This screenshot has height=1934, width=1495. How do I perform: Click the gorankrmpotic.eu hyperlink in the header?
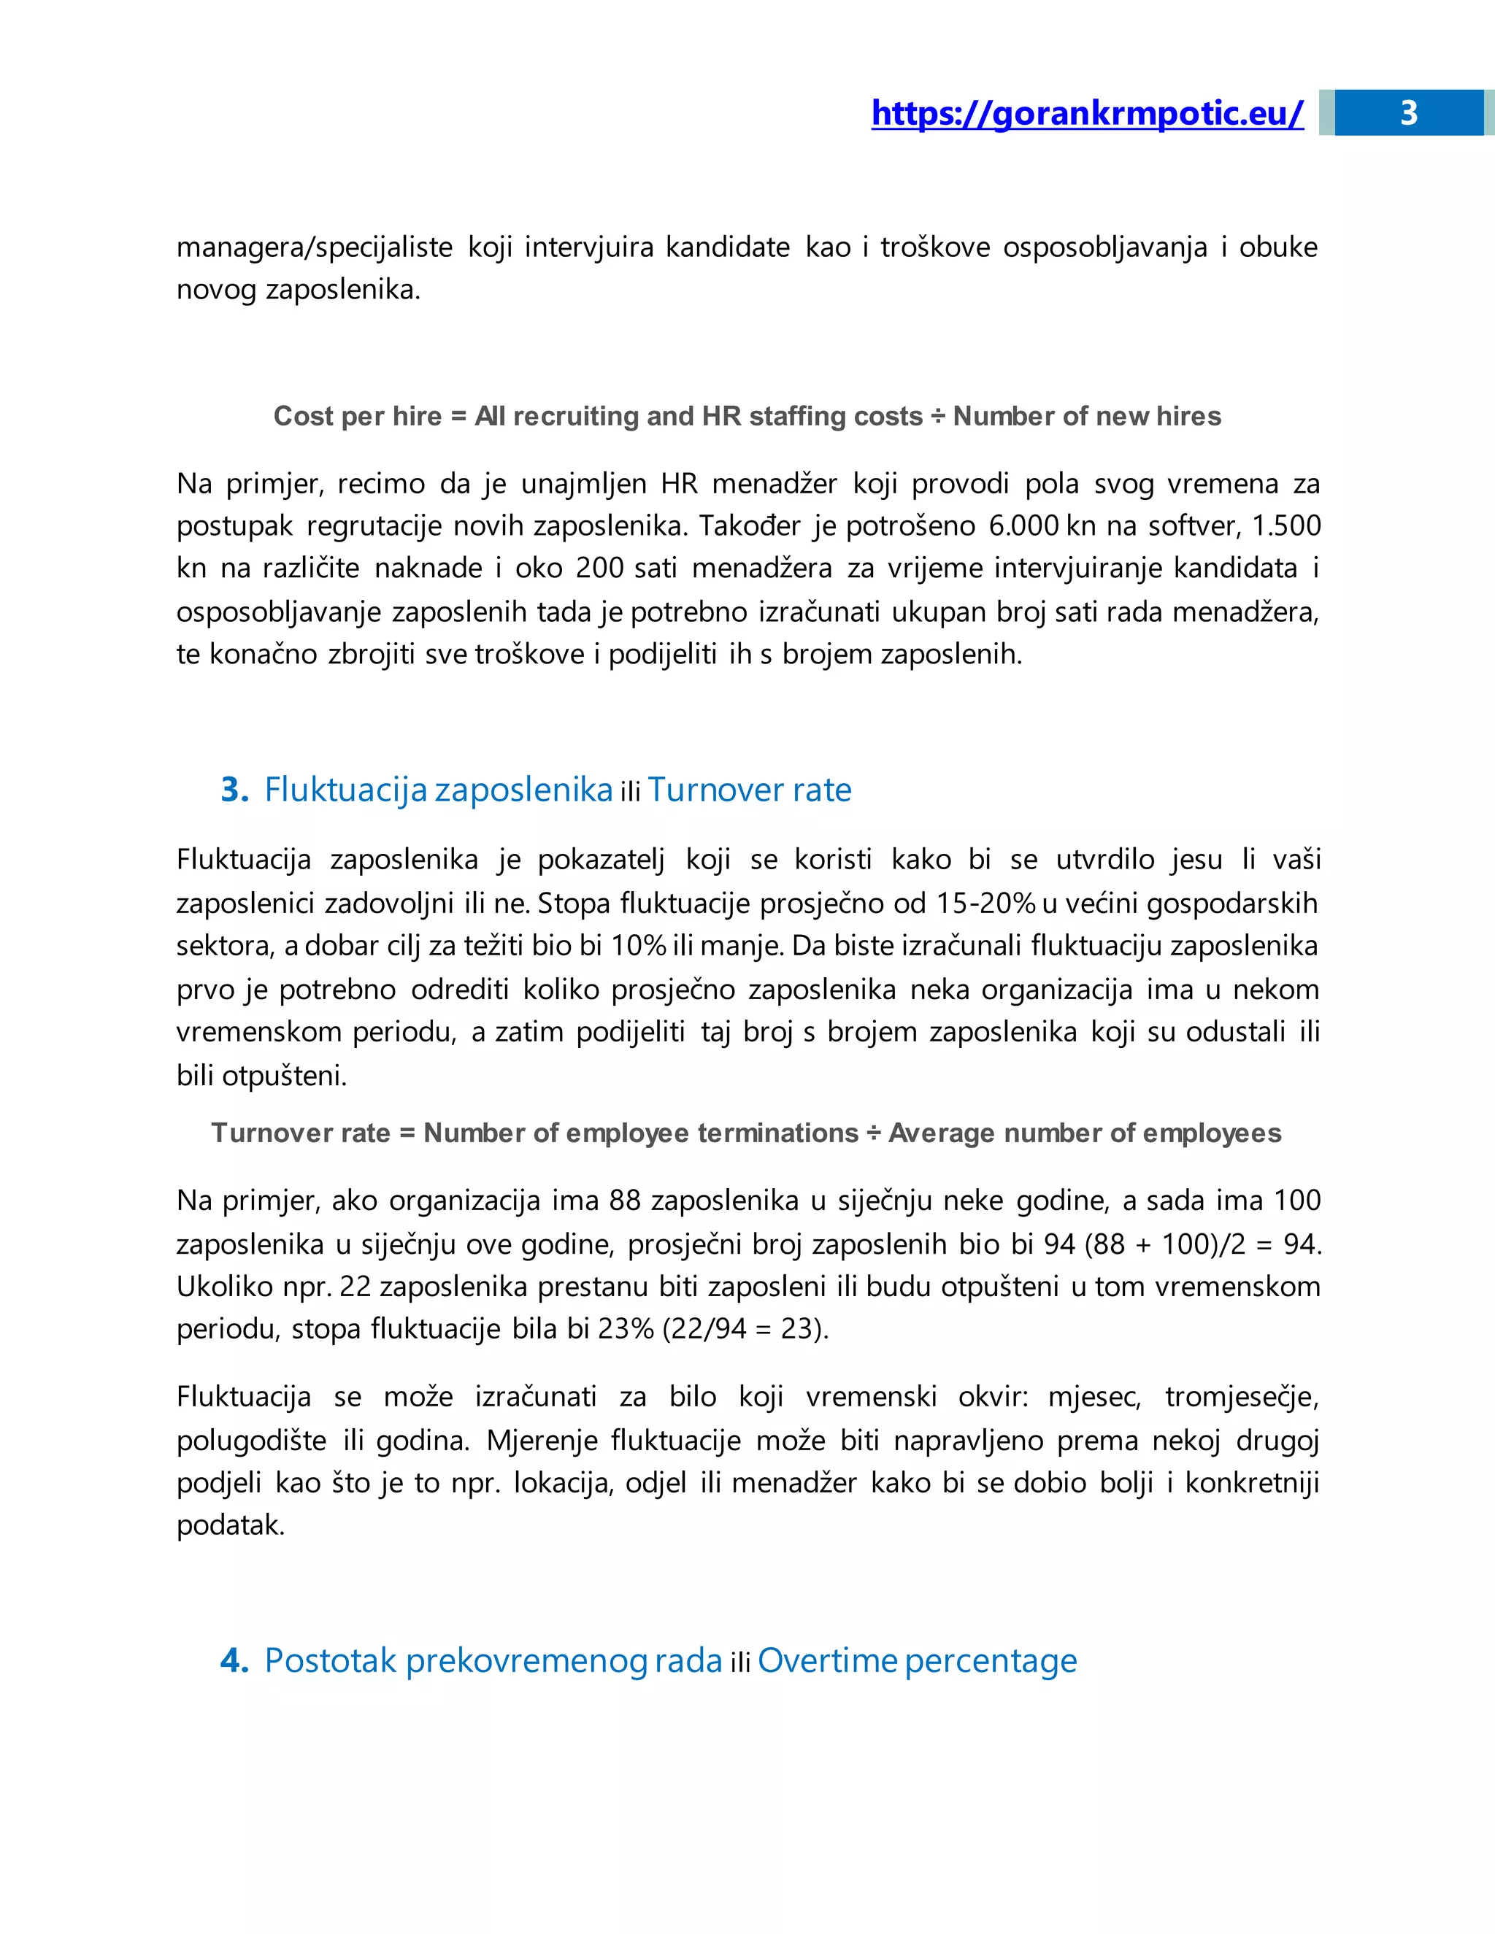pos(1087,113)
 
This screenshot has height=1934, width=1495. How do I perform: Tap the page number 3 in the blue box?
pos(1408,113)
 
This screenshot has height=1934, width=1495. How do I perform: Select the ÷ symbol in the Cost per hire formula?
pos(937,416)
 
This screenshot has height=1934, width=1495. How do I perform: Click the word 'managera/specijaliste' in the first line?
pos(315,247)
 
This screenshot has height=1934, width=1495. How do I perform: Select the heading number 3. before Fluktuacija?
pos(235,789)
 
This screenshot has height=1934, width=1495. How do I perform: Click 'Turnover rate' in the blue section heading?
pos(749,789)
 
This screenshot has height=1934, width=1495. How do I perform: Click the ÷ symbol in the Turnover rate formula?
pos(873,1133)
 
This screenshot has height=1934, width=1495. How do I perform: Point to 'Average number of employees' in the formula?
pos(1085,1133)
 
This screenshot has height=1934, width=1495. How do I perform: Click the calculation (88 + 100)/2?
pos(1164,1244)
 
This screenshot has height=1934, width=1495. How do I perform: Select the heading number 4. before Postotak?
pos(235,1660)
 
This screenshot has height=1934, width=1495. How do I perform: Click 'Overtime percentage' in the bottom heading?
pos(917,1660)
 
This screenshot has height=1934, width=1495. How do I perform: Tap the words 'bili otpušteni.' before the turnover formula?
pos(261,1076)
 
